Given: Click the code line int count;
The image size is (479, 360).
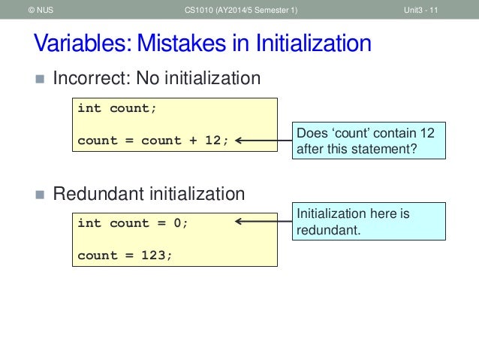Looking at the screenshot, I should tap(117, 108).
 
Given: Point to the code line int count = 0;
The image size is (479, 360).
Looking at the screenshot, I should tap(133, 223).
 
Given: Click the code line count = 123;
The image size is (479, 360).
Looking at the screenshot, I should tap(125, 255).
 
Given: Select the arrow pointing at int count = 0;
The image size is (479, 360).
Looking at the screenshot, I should tap(262, 222).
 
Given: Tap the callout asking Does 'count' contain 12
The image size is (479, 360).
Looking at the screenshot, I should tap(368, 140).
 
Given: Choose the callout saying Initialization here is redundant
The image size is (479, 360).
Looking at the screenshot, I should tap(368, 222).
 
